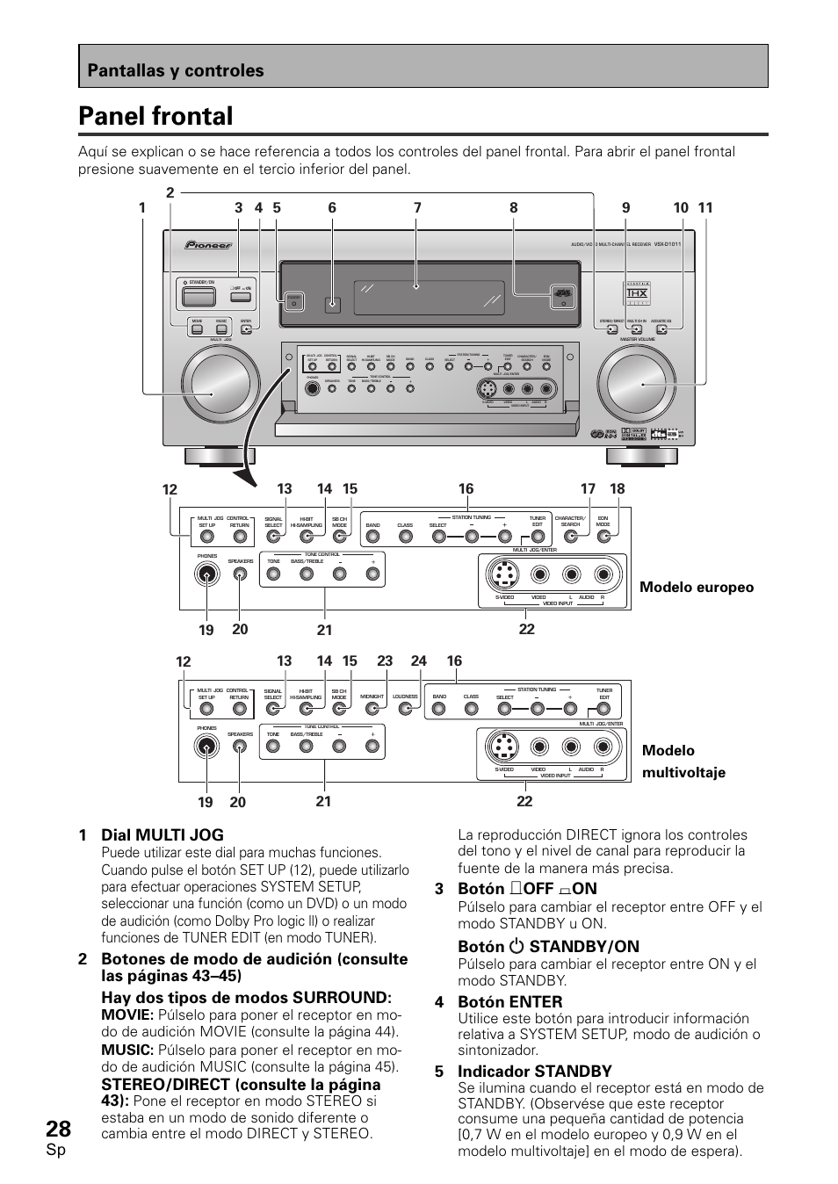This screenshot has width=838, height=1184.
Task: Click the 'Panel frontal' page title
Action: point(155,116)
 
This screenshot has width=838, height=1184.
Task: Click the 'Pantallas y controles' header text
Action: point(175,70)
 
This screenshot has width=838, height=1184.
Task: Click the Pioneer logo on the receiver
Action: point(208,245)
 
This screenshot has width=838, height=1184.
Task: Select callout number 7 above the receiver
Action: point(417,208)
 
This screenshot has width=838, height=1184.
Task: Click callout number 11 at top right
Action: point(705,208)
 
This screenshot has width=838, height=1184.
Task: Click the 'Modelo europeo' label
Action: point(697,588)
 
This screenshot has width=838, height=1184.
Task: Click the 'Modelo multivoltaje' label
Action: point(683,761)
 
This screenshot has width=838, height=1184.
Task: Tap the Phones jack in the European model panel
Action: point(207,574)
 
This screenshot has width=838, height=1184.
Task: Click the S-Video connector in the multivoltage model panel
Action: point(503,747)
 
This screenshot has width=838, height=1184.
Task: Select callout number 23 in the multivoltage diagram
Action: point(385,661)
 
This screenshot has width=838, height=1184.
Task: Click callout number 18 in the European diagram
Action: point(618,489)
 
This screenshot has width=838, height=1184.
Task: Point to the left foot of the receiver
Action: point(219,456)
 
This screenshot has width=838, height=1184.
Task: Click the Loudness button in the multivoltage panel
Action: point(405,710)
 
